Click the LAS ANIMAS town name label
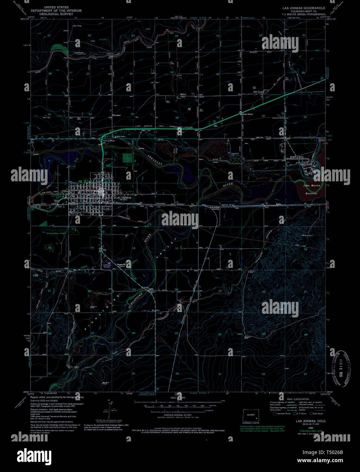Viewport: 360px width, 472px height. pos(123,197)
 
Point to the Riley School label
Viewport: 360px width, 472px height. pos(247,114)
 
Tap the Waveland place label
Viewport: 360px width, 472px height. pos(116,115)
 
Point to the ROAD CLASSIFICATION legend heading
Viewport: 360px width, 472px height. pos(298,399)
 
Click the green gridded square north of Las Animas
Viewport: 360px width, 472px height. pos(127,158)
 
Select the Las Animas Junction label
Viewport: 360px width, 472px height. pos(215,208)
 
